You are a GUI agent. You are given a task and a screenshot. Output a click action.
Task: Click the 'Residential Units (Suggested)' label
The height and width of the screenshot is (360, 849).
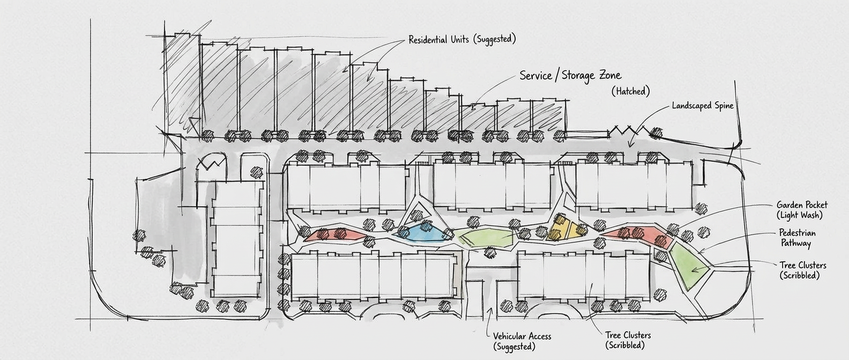click(x=461, y=39)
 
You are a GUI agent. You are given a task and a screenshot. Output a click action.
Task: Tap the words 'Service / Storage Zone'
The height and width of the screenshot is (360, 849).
click(x=570, y=76)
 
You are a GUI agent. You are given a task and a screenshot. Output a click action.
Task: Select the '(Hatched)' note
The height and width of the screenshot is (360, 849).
click(x=630, y=91)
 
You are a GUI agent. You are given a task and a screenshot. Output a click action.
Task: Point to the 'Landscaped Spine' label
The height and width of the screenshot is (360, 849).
click(x=702, y=106)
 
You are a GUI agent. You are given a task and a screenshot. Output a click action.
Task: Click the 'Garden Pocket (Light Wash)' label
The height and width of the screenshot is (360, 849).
click(x=802, y=209)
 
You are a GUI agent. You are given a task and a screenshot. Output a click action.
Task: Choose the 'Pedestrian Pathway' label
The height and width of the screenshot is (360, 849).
click(x=797, y=238)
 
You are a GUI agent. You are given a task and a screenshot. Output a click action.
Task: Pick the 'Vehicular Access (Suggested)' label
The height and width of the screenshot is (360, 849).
click(x=522, y=341)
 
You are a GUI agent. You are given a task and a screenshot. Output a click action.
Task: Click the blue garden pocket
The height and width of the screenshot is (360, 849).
click(x=423, y=232)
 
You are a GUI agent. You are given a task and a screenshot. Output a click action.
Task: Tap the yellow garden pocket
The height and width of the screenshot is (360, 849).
click(x=567, y=228)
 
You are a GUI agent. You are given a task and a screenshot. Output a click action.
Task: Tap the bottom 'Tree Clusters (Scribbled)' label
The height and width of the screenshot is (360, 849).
click(x=628, y=340)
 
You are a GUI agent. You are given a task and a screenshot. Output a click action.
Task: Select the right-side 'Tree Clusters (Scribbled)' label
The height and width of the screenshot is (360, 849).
click(x=802, y=270)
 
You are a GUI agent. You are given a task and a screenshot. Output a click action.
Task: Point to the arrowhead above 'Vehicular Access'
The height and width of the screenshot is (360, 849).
click(x=489, y=310)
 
